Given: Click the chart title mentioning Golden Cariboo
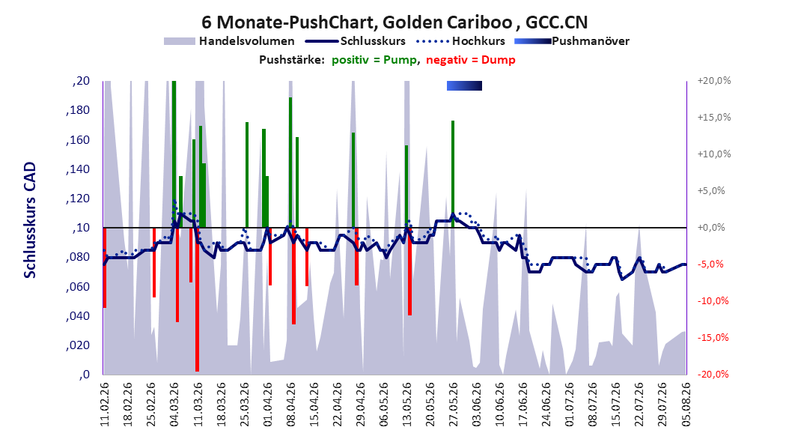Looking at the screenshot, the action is coord(394,22).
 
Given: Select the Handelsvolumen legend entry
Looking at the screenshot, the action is coord(229,41).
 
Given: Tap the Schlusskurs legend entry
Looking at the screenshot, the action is coord(356,41).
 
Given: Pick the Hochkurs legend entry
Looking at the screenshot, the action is coord(461,41).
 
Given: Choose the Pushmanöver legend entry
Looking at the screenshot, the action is coord(572,41).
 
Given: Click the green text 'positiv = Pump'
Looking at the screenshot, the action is coord(374,60).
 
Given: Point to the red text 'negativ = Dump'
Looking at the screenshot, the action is coord(471,60).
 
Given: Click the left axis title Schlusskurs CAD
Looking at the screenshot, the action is coord(30,220).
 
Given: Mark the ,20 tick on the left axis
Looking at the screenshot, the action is coord(81,81).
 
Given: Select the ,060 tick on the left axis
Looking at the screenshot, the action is coord(78,286).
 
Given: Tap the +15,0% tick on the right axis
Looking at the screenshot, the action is coord(714,118).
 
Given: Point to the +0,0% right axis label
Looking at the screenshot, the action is coord(711,228).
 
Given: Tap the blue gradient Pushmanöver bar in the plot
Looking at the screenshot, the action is coord(464,86).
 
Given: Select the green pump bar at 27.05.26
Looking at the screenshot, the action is coord(453,175).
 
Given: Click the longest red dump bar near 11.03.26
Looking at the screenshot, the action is coord(198,300).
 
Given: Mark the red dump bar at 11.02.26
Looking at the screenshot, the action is coord(105,267).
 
